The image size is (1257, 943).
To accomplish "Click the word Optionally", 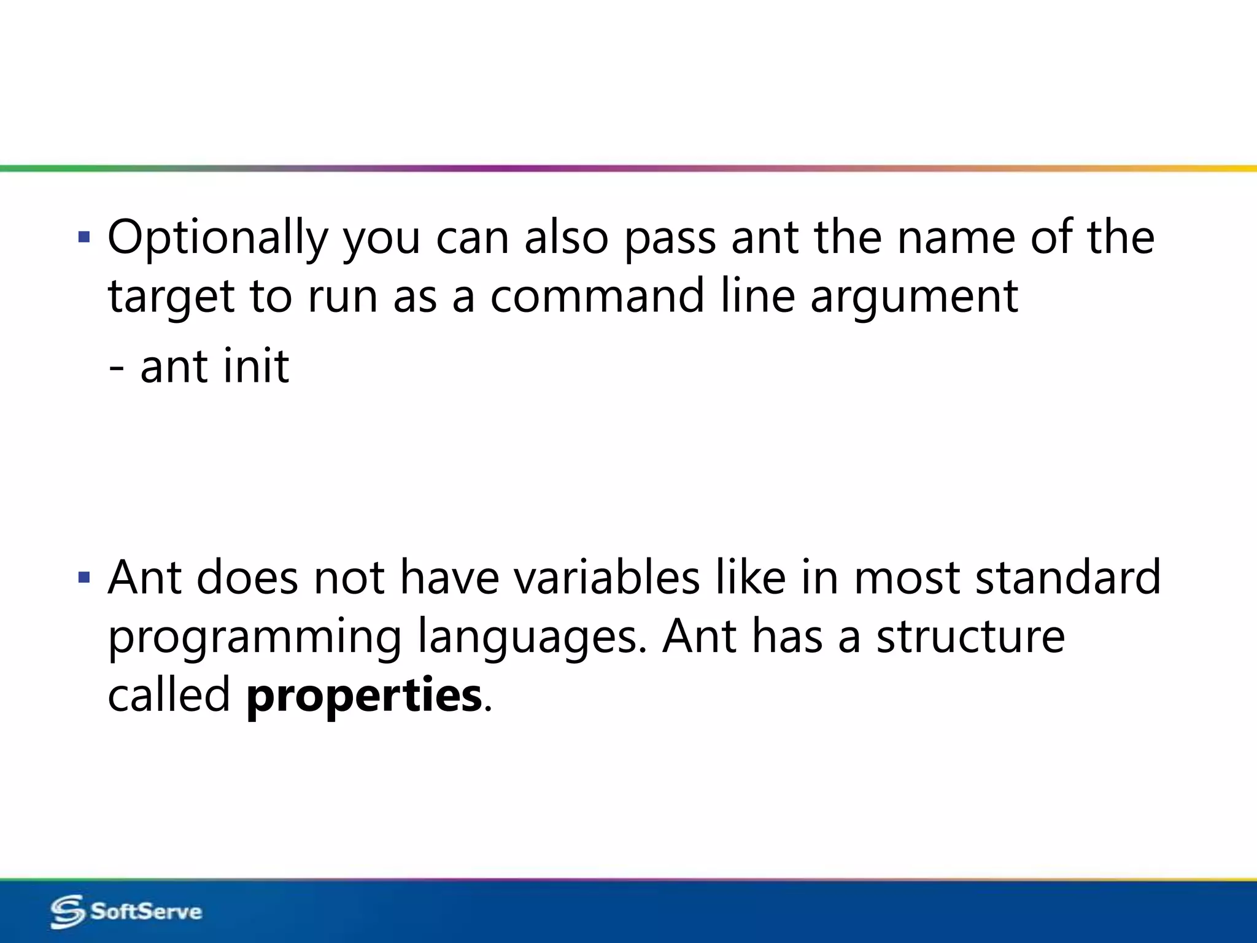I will [218, 239].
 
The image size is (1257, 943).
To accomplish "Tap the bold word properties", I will [364, 696].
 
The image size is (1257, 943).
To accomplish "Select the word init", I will [256, 367].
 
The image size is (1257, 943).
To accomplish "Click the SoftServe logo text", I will [146, 911].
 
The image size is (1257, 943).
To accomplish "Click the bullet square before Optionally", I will [84, 237].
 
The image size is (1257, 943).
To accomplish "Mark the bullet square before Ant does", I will [84, 577].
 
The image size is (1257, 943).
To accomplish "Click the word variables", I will [606, 578].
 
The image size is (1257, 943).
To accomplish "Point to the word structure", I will [970, 637].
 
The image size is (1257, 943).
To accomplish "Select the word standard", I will [1068, 578].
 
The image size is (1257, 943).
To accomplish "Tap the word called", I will [169, 696].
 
